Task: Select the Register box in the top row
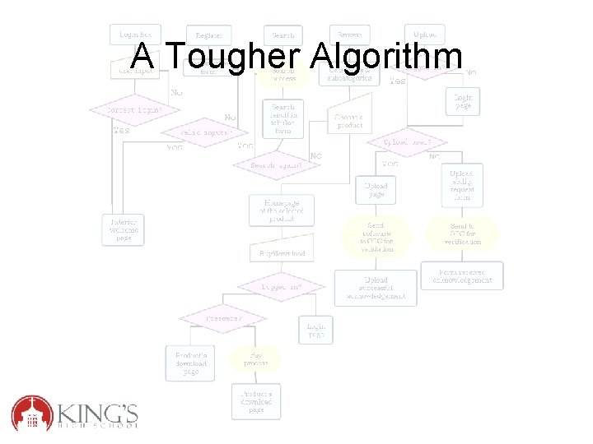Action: pos(209,35)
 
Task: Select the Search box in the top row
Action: pos(282,35)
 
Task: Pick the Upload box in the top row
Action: pos(425,35)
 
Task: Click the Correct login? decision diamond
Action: pos(133,109)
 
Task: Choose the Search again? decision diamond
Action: pos(277,164)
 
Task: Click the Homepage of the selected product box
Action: pos(282,210)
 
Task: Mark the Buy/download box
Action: pos(282,254)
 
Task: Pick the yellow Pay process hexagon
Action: pos(254,358)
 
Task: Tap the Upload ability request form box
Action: pos(461,185)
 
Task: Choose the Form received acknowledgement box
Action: pos(461,275)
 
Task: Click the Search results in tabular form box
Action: pos(282,118)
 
